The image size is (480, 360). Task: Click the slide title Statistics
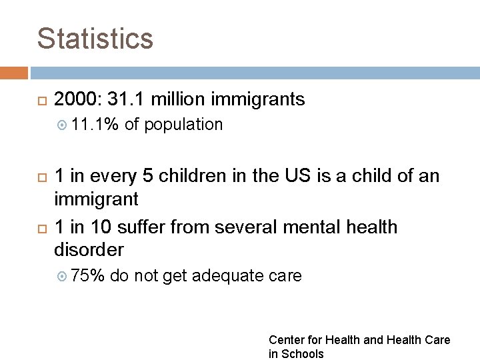point(95,39)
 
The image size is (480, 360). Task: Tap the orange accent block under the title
point(14,73)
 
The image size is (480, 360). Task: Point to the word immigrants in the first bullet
point(258,100)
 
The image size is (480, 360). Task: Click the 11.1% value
point(93,125)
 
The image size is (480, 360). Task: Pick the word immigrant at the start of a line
point(96,199)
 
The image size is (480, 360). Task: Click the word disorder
point(89,250)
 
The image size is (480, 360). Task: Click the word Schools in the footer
point(302,354)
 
